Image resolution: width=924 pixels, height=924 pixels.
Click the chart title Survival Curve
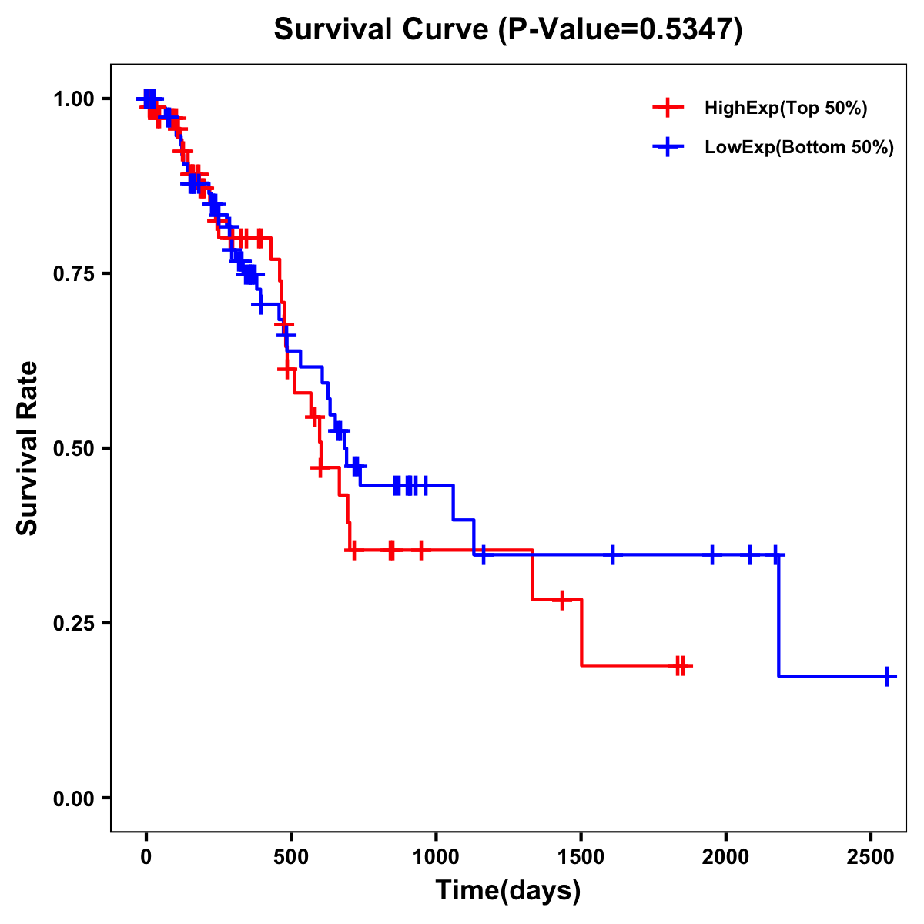(x=381, y=30)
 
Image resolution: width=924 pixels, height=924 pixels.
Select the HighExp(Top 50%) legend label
(x=785, y=109)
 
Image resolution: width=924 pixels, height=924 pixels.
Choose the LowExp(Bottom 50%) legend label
(x=799, y=148)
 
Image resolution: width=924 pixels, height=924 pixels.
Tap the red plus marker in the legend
(x=668, y=108)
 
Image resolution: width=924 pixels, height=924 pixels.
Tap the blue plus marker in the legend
(x=668, y=147)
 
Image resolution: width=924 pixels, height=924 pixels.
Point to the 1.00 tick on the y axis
(x=74, y=99)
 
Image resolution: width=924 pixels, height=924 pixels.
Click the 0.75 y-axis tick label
(x=74, y=274)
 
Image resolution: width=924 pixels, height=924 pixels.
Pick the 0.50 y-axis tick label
(x=74, y=449)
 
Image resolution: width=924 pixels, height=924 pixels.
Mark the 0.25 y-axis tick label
(x=74, y=624)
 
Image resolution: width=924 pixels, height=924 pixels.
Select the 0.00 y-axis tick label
(x=74, y=798)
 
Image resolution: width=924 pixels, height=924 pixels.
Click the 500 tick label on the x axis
(x=291, y=855)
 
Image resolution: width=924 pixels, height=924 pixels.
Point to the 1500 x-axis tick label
(x=581, y=855)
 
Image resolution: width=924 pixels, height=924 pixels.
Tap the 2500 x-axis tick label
(x=871, y=855)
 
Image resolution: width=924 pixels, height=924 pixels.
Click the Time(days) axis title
(x=508, y=891)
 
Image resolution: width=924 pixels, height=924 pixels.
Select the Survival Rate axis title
(x=28, y=448)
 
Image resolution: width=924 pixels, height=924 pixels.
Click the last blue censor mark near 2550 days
(x=887, y=676)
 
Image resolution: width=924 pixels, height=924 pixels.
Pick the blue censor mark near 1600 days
(x=612, y=554)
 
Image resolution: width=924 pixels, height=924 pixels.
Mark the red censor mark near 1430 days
(x=562, y=599)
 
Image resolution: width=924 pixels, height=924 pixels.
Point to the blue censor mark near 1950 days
(x=711, y=554)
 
